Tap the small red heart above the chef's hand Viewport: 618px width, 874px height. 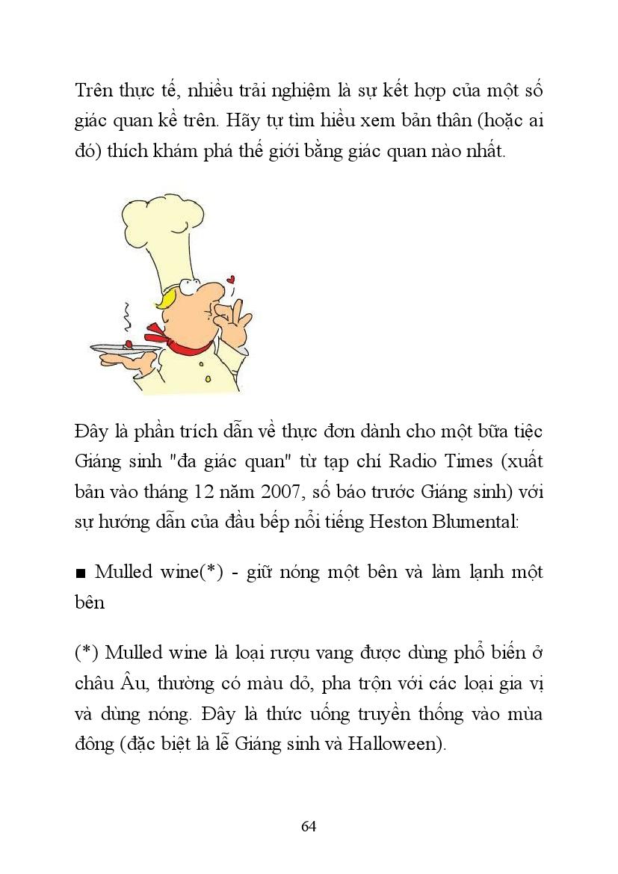pyautogui.click(x=231, y=280)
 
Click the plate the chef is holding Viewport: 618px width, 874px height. pyautogui.click(x=124, y=348)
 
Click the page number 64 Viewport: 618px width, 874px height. pyautogui.click(x=309, y=826)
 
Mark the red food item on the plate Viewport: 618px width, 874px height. pyautogui.click(x=129, y=344)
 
